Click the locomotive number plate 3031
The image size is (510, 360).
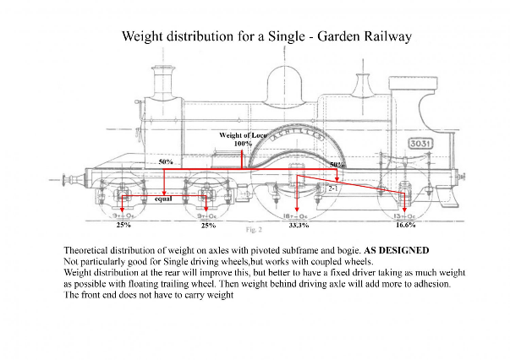[x=420, y=145]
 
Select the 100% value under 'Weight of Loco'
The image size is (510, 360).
[x=243, y=144]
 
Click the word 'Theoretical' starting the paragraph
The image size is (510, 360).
[x=88, y=252]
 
